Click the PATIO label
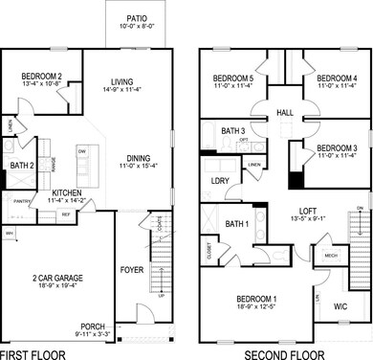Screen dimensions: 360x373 [x=136, y=17]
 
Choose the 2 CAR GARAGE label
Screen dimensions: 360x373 [x=56, y=279]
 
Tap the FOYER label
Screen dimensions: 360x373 [x=131, y=270]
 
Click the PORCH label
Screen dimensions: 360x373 [x=92, y=326]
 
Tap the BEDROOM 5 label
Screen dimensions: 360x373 [x=233, y=78]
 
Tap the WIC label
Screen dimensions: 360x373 [x=339, y=306]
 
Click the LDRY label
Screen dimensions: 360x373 [x=220, y=181]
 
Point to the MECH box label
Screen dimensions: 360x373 [x=330, y=256]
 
